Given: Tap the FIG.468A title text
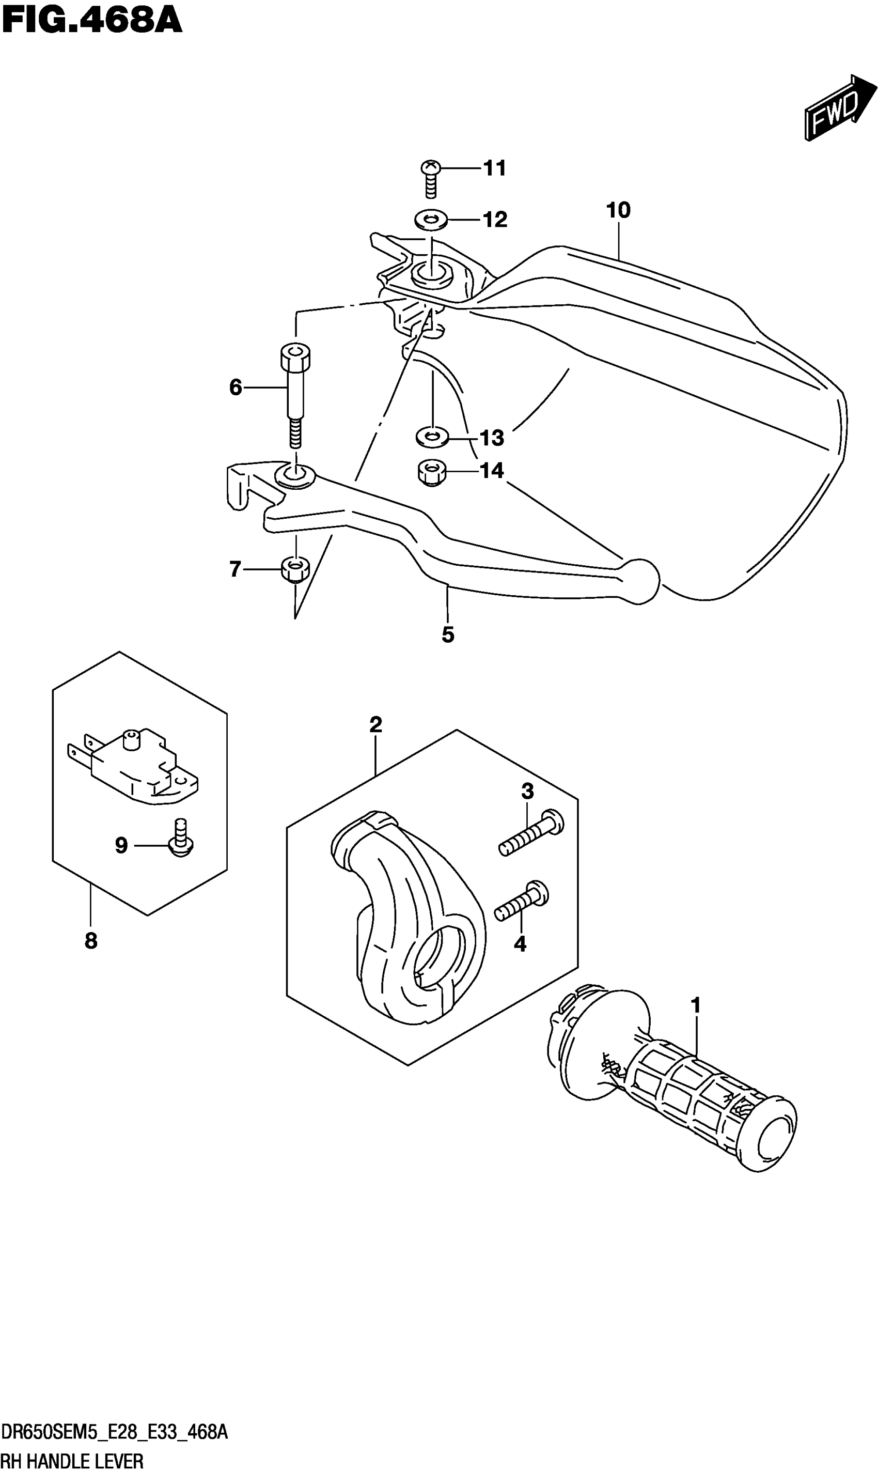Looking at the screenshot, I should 92,21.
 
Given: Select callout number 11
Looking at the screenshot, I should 495,168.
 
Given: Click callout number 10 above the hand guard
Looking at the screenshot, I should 618,210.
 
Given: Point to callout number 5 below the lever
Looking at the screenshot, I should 448,635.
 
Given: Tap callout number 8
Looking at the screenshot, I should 91,940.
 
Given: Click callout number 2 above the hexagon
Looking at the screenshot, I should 375,724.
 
